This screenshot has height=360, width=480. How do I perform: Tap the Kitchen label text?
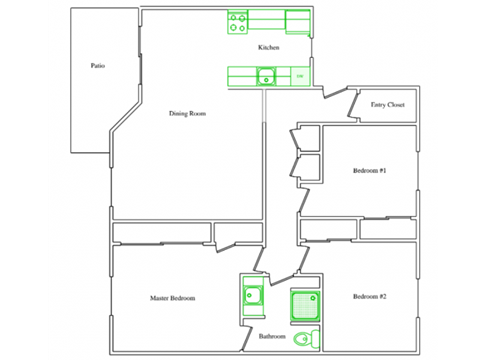coord(268,48)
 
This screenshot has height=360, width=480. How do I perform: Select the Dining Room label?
coord(187,114)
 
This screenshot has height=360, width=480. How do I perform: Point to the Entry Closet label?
coord(387,104)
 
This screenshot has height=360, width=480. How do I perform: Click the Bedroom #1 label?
coord(369,171)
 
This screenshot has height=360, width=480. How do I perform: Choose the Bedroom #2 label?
coord(369,297)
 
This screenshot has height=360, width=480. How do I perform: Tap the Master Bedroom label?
coord(172,298)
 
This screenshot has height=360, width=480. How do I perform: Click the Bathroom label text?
coord(272,337)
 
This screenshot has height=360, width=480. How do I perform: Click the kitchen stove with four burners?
coord(237,19)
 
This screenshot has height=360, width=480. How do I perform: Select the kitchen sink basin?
coord(267,74)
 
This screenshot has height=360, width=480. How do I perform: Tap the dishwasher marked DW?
coord(298,75)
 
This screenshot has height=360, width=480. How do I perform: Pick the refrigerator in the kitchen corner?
coord(298,20)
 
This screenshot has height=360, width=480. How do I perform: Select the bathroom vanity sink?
coord(251,295)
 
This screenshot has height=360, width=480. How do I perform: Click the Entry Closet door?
coord(350,103)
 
